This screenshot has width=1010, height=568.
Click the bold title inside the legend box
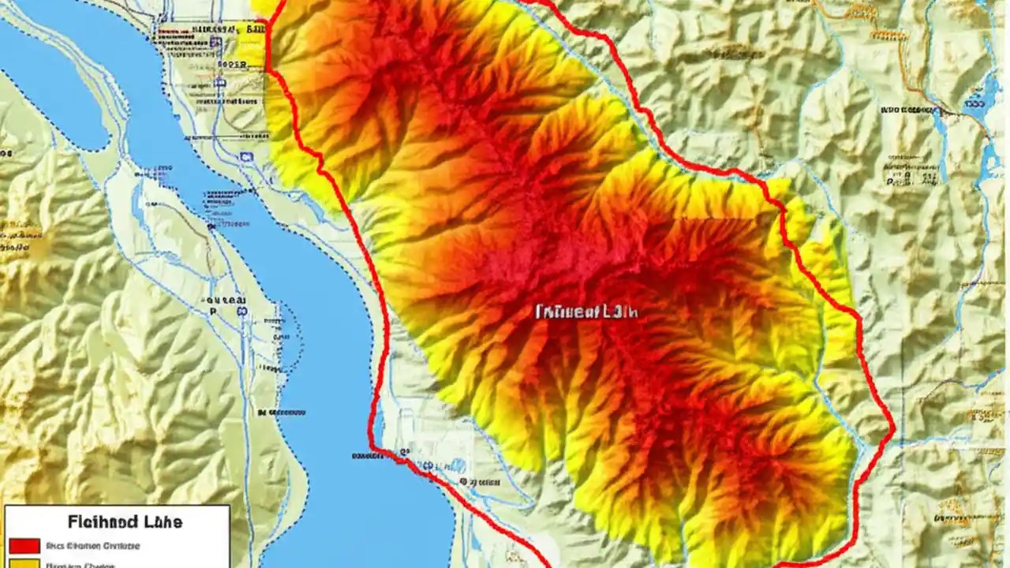125,521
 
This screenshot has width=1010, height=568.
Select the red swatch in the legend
24,546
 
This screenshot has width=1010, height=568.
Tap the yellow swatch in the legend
24,564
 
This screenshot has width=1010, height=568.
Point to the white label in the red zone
586,312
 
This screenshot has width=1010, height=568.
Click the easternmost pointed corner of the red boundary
894,431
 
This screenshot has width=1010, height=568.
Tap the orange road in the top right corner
907,47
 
